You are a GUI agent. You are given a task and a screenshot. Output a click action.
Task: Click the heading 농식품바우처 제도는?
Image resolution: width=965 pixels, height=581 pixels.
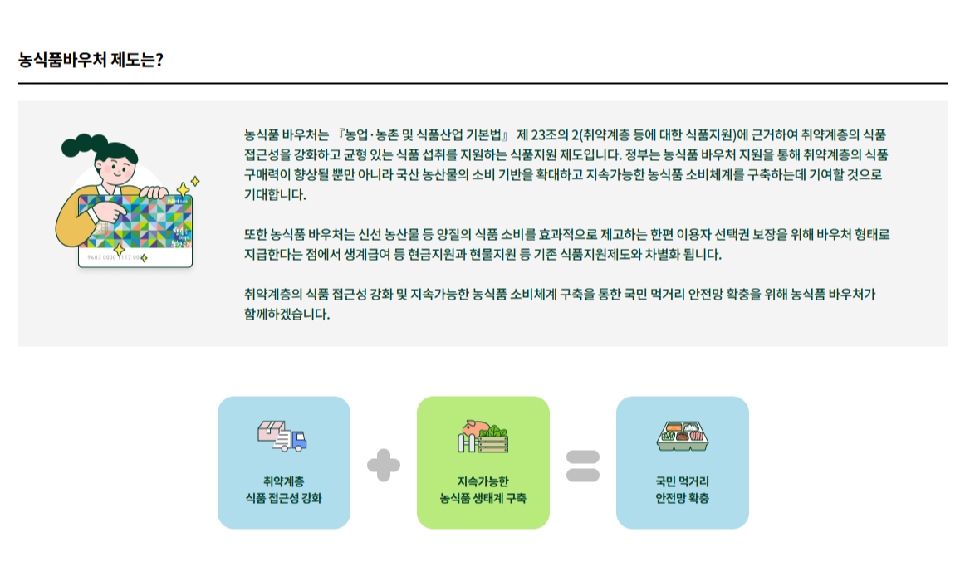pyautogui.click(x=90, y=61)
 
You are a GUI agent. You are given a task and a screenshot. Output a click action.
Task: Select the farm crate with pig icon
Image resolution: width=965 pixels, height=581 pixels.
pyautogui.click(x=482, y=437)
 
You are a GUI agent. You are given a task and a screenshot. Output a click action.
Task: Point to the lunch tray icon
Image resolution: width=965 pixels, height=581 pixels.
pyautogui.click(x=682, y=436)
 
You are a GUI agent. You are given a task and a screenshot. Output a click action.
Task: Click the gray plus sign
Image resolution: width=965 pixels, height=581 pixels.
pyautogui.click(x=383, y=465)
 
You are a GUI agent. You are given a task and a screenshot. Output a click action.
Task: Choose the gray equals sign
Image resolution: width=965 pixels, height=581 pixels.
pyautogui.click(x=582, y=465)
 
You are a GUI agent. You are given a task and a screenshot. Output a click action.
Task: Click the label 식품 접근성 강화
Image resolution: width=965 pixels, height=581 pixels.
pyautogui.click(x=284, y=499)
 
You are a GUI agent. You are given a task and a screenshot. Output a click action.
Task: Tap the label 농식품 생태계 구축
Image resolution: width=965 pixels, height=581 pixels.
pyautogui.click(x=482, y=499)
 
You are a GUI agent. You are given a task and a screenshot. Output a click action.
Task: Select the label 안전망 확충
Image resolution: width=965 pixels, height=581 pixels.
pyautogui.click(x=682, y=499)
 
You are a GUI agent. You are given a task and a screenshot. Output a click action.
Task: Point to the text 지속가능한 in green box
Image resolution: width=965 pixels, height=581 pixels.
pyautogui.click(x=482, y=481)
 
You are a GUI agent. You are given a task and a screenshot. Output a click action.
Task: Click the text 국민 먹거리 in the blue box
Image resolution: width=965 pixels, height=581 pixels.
pyautogui.click(x=682, y=481)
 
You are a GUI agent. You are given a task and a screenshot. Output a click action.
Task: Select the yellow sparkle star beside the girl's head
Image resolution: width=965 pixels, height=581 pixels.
pyautogui.click(x=194, y=181)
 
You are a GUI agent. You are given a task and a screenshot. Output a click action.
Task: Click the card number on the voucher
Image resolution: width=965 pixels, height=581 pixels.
pyautogui.click(x=113, y=258)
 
